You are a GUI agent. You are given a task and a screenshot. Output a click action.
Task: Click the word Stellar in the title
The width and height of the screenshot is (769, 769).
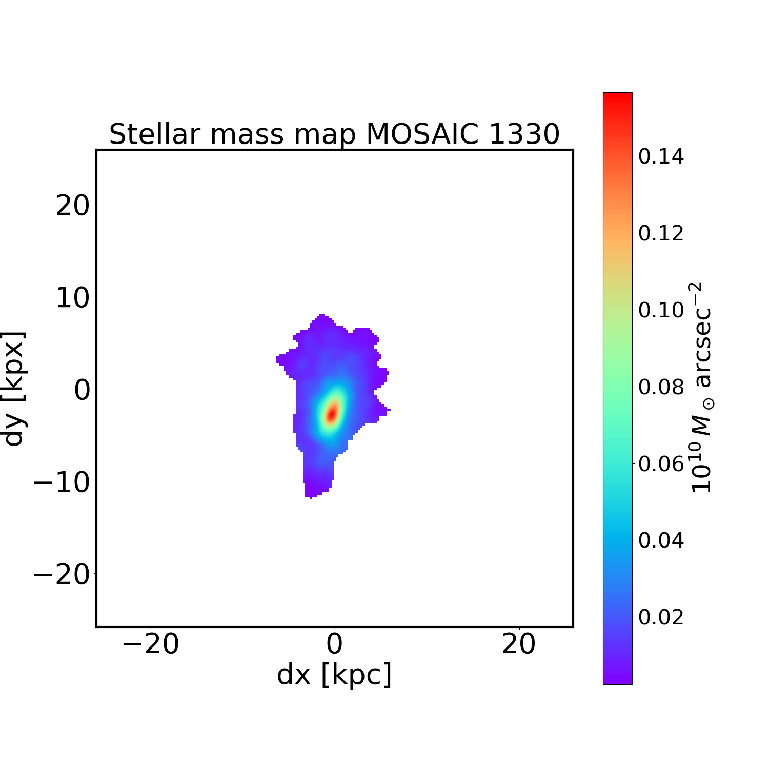point(153,134)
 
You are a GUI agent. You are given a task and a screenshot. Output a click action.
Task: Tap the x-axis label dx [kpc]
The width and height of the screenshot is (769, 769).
point(334,675)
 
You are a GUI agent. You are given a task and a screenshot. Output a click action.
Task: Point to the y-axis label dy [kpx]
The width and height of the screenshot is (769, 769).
point(14,389)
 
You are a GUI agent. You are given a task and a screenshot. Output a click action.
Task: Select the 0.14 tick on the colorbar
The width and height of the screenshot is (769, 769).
point(661,156)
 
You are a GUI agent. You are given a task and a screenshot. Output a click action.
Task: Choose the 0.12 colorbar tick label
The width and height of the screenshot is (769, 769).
point(661,233)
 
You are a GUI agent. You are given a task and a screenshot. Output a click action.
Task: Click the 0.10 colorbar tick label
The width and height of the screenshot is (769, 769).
point(661,310)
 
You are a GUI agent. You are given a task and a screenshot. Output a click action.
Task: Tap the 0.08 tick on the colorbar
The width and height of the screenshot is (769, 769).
point(661,387)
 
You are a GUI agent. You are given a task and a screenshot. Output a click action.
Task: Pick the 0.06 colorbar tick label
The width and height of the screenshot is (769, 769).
point(661,464)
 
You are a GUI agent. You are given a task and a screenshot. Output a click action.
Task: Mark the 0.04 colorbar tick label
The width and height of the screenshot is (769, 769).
point(661,540)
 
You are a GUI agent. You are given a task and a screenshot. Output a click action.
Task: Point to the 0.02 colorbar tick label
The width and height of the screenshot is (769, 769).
point(661,617)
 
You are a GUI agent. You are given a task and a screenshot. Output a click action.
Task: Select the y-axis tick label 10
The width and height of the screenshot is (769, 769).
point(72,298)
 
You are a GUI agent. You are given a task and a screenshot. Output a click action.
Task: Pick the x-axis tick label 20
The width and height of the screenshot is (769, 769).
point(519,645)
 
